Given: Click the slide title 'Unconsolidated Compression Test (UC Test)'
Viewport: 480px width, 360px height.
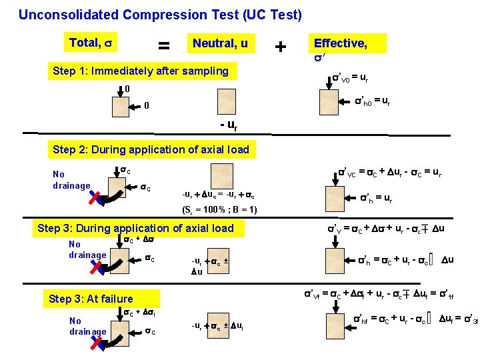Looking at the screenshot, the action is pos(160,14).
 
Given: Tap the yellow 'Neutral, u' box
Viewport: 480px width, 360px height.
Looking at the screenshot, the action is pos(220,44).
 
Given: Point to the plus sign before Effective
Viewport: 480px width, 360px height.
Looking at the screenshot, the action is pos(281,47).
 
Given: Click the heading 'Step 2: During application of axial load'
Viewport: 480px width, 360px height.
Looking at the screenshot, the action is pos(151,149).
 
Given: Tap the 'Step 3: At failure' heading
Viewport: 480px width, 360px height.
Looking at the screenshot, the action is pos(91,299).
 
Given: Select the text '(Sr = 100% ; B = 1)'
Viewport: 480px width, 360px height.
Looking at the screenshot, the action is pos(219,210).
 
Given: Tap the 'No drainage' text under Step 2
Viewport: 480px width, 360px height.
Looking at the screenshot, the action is pos(71,180).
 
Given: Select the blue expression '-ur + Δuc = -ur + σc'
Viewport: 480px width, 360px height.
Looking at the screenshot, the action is pos(218,196).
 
